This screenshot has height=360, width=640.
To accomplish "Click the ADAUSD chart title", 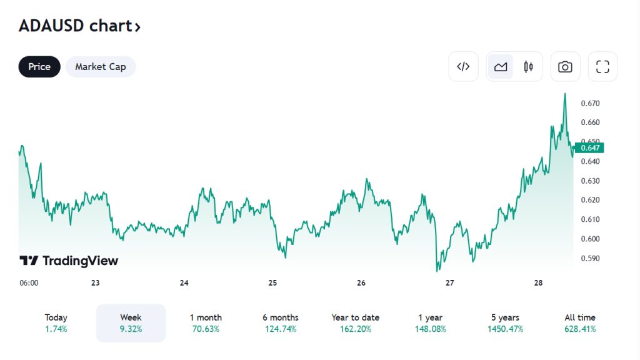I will click(79, 26).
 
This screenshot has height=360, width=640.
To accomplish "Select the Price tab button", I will click(39, 67).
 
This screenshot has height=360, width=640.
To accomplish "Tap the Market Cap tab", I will click(101, 67).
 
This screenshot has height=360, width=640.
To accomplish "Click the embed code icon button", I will click(463, 67).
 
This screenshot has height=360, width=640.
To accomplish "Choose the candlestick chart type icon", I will click(529, 67).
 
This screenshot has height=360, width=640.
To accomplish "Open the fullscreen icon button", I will click(602, 67).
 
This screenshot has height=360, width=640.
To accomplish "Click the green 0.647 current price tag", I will click(589, 148).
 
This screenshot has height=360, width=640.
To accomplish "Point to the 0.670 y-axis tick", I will click(590, 103).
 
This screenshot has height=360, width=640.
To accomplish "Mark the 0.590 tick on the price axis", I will click(590, 258).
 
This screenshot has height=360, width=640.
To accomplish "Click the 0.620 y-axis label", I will click(590, 200).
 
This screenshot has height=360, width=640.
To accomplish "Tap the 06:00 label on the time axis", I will click(29, 283).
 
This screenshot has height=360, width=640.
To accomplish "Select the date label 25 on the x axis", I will click(272, 283).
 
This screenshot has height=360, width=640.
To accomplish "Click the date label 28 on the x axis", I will click(539, 283).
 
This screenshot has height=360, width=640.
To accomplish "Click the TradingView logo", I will click(69, 261).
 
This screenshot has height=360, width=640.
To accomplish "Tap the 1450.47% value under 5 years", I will click(505, 329).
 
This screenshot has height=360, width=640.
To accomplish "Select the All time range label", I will click(580, 317).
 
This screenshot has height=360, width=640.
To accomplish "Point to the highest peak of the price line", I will click(565, 94).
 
